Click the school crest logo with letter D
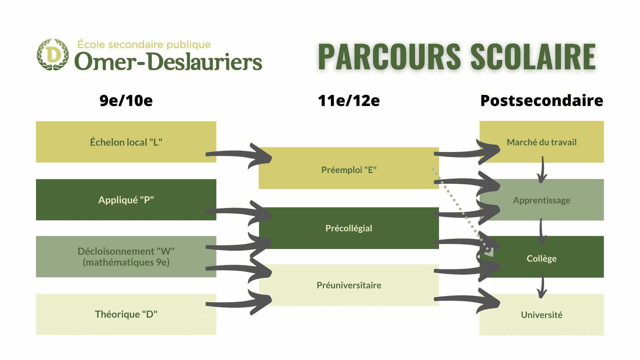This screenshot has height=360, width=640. coord(53,54)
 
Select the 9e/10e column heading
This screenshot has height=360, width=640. coord(126,101)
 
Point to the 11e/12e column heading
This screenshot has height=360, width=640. coord(349,101)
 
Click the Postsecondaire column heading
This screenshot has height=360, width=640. coord(542,101)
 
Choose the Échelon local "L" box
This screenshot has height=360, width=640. coord(126,142)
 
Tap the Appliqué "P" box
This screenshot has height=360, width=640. coord(126,200)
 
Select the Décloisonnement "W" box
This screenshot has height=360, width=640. coord(126,257)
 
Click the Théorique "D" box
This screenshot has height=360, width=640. coord(126,314)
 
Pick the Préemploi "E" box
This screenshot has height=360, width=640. coord(349,168)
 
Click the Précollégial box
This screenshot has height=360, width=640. coord(349,228)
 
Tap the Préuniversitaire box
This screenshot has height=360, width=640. coord(349,285)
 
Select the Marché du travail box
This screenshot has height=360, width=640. coord(542,142)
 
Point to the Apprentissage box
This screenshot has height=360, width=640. coord(542,200)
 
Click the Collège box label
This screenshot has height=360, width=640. coord(542,259)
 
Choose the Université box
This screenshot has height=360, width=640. coord(542,314)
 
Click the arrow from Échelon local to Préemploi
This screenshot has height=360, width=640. coord(238,154)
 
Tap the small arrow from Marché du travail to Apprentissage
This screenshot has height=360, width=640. coord(542,170)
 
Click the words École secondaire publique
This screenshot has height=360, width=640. coord(144,45)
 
